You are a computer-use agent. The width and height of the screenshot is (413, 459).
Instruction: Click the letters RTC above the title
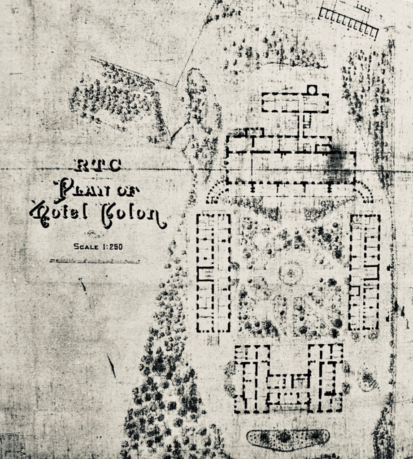(x=97, y=166)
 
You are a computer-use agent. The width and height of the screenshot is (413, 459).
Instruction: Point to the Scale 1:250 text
(x=98, y=246)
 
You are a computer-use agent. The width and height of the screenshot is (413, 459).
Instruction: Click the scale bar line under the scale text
(x=94, y=260)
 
